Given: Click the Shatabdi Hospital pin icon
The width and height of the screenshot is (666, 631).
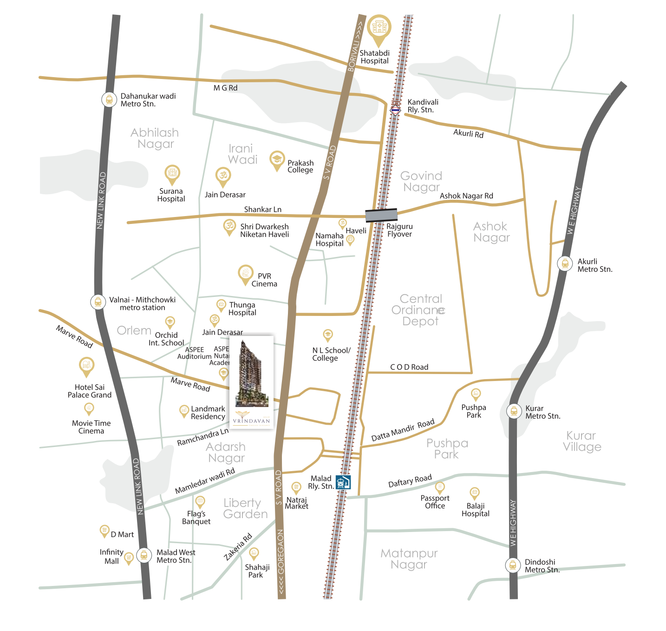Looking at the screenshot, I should click(x=379, y=28).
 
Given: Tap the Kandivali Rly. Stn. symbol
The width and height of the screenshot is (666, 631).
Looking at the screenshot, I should click(x=395, y=110).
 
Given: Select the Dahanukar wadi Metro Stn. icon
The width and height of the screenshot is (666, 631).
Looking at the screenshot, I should click(x=109, y=99).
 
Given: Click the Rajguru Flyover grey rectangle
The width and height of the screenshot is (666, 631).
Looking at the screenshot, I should click(x=381, y=215).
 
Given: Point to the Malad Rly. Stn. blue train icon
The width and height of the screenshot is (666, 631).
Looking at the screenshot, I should click(x=343, y=482).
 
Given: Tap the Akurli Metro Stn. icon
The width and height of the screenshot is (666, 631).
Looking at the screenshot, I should click(x=565, y=263).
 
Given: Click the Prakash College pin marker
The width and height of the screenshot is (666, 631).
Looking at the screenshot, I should click(x=277, y=160).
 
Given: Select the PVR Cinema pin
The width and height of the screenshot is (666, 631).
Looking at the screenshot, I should click(x=246, y=274).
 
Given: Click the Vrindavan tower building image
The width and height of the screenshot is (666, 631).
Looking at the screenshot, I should click(x=251, y=374).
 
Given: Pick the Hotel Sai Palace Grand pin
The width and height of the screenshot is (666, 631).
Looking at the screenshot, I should click(x=86, y=366).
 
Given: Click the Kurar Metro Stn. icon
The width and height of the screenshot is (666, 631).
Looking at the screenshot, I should click(x=514, y=411).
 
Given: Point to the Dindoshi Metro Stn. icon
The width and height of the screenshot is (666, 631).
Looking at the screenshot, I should click(x=513, y=565).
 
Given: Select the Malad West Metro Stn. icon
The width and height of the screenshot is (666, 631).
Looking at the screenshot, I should click(x=144, y=555).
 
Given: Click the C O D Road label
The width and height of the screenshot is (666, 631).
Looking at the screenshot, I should click(x=409, y=367).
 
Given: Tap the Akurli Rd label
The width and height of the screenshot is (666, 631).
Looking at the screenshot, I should click(x=468, y=133).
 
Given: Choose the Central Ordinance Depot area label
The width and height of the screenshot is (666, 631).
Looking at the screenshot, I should click(x=420, y=310).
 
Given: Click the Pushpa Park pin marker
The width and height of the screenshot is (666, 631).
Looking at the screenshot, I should click(x=476, y=394).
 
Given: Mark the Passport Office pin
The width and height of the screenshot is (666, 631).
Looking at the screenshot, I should click(x=440, y=487).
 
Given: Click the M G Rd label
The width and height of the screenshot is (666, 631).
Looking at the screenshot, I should click(x=225, y=88).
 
